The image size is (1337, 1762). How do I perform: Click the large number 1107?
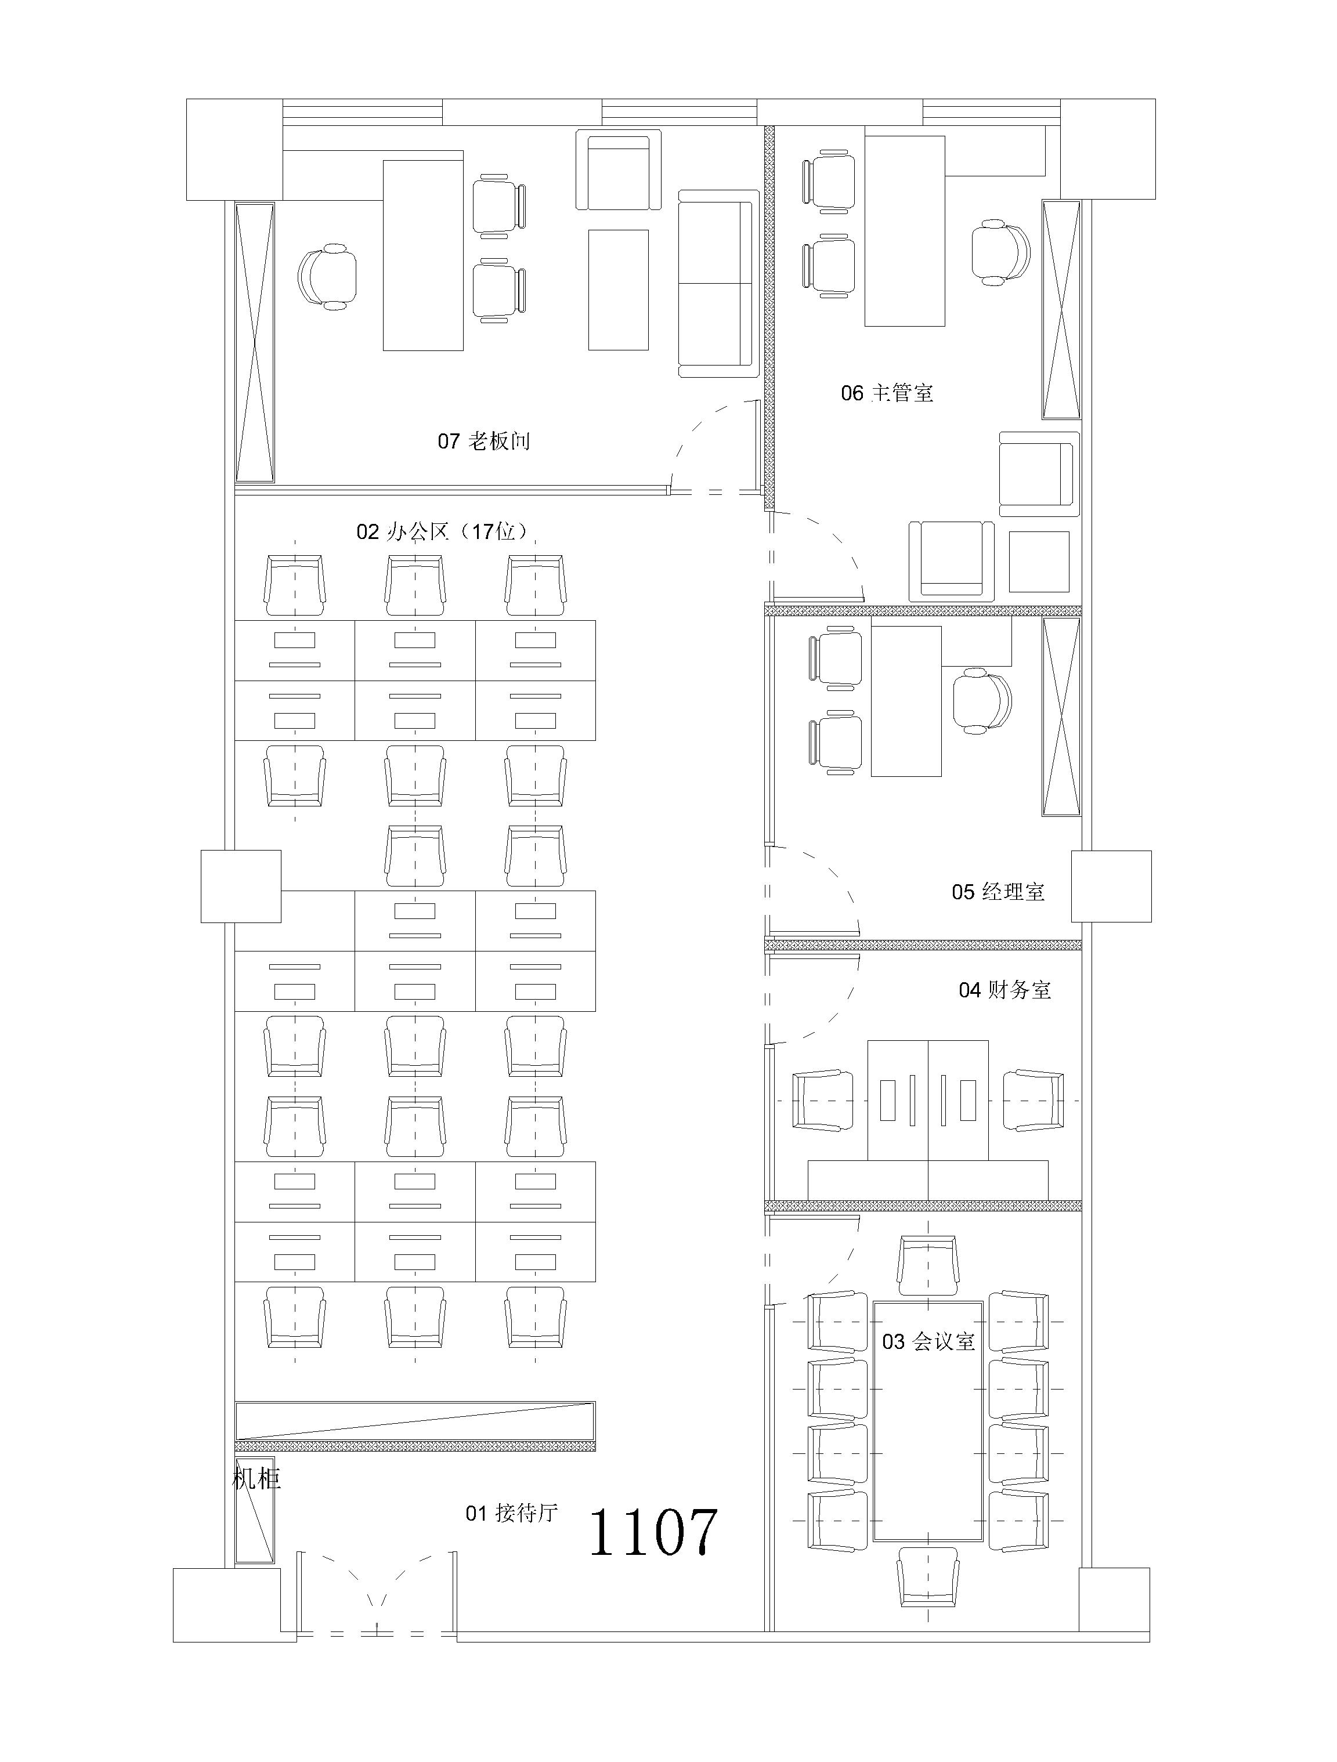click(x=653, y=1533)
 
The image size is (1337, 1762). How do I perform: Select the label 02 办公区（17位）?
click(x=443, y=531)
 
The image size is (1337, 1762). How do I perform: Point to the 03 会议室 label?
click(x=928, y=1341)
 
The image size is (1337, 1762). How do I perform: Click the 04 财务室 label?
click(x=1004, y=990)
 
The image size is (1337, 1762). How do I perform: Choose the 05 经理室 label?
click(x=998, y=892)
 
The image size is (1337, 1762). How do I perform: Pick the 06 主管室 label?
click(x=887, y=393)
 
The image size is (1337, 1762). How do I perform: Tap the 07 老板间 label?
click(x=483, y=442)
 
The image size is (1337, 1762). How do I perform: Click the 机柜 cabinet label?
click(x=256, y=1479)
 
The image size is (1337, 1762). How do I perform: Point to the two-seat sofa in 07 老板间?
click(x=718, y=284)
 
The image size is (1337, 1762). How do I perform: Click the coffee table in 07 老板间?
click(x=618, y=290)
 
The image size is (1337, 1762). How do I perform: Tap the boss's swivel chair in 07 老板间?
click(x=327, y=276)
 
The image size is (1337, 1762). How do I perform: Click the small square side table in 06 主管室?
click(x=1039, y=562)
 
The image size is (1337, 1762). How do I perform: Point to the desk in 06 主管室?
click(x=905, y=231)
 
